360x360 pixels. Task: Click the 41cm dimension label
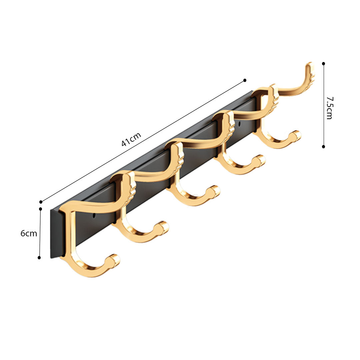pyautogui.click(x=131, y=139)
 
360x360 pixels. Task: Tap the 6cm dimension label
pyautogui.click(x=29, y=233)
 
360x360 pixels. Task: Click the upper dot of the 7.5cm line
pyautogui.click(x=323, y=63)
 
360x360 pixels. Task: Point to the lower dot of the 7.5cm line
pyautogui.click(x=323, y=146)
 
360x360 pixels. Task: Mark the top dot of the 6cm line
pyautogui.click(x=40, y=209)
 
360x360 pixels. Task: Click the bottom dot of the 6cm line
pyautogui.click(x=39, y=257)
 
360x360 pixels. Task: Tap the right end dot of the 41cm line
pyautogui.click(x=245, y=80)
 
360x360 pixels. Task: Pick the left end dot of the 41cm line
pyautogui.click(x=41, y=202)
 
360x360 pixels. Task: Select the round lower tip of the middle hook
pyautogui.click(x=214, y=191)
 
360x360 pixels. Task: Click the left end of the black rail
pyautogui.click(x=53, y=233)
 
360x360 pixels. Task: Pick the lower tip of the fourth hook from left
pyautogui.click(x=260, y=160)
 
